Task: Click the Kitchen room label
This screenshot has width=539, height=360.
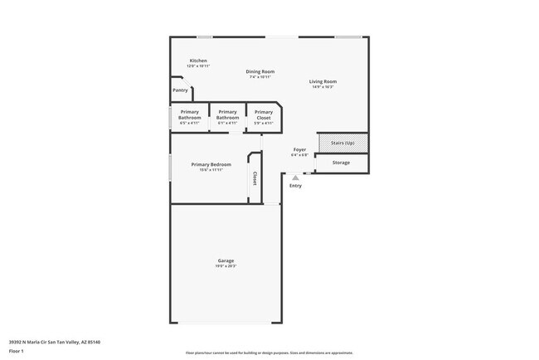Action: [197, 61]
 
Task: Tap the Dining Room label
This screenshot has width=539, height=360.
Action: [260, 71]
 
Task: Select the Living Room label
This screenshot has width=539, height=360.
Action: [323, 81]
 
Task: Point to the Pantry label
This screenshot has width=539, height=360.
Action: [180, 90]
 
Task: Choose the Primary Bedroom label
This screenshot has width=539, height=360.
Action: [211, 164]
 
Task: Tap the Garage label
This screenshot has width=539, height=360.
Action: [226, 260]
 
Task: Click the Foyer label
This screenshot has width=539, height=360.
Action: [299, 149]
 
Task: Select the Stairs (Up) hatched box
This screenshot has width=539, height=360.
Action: [342, 143]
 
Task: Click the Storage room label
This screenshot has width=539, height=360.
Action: [341, 163]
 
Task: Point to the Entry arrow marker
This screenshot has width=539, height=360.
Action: [295, 177]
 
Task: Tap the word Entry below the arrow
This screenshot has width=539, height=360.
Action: [295, 185]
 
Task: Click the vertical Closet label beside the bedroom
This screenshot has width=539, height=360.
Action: [255, 178]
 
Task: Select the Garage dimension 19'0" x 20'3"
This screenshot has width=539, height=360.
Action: [226, 266]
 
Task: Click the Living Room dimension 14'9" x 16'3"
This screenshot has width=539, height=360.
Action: [323, 87]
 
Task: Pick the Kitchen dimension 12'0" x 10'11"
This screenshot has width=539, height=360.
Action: [198, 66]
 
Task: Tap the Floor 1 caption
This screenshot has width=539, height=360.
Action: [17, 351]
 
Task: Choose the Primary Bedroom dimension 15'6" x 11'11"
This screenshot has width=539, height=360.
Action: [211, 170]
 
